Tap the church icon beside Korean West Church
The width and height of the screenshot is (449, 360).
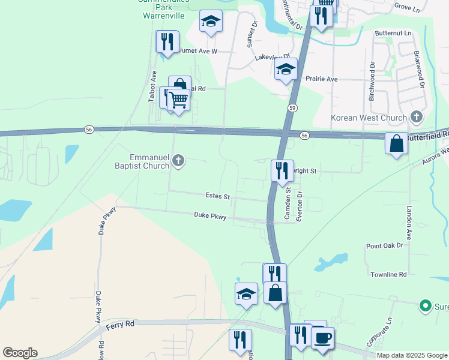point(417,117)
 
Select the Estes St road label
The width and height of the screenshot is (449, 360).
point(218,196)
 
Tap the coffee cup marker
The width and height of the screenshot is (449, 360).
point(322,338)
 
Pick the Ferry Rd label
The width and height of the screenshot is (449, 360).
point(120,325)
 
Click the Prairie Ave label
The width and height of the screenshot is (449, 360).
point(322,79)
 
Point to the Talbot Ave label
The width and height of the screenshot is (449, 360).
point(153,88)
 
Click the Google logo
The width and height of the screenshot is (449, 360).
point(20,353)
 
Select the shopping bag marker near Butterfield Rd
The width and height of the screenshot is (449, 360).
point(396,144)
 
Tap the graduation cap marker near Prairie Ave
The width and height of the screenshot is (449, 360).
point(286,69)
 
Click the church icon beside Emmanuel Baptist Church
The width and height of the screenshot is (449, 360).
point(178,160)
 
